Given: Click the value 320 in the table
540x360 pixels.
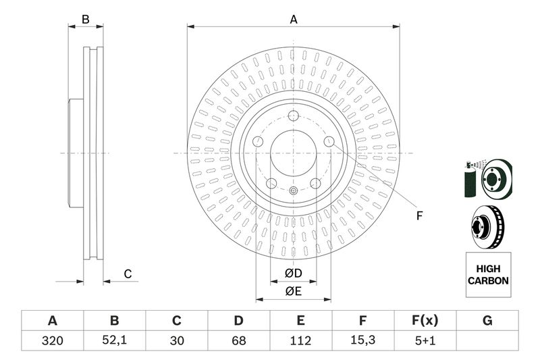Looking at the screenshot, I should click(x=52, y=341).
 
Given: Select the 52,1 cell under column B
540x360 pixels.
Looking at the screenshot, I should click(x=114, y=341).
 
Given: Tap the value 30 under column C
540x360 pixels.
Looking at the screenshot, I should click(x=177, y=341).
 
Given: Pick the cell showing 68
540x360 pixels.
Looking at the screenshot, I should click(x=238, y=341).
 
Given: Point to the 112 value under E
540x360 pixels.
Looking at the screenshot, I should click(x=301, y=341).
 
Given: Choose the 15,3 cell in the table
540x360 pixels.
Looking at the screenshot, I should click(x=363, y=341).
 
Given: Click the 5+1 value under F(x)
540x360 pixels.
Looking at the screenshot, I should click(x=425, y=341).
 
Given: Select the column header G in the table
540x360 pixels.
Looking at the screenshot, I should click(x=487, y=320).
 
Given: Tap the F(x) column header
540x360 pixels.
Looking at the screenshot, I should click(x=425, y=320).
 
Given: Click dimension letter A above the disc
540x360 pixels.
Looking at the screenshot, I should click(x=294, y=20).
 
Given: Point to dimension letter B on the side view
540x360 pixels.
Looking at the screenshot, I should click(x=86, y=20).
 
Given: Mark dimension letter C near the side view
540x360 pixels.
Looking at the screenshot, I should click(x=127, y=274).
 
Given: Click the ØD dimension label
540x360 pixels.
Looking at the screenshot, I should click(x=292, y=274).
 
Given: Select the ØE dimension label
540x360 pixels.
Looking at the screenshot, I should click(x=292, y=292).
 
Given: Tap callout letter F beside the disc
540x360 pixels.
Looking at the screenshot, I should click(x=418, y=216).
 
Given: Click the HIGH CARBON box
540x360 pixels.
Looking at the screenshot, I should click(x=488, y=275).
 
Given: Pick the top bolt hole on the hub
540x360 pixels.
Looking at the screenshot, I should click(x=293, y=115).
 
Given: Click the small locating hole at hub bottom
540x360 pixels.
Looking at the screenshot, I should click(x=293, y=191).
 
